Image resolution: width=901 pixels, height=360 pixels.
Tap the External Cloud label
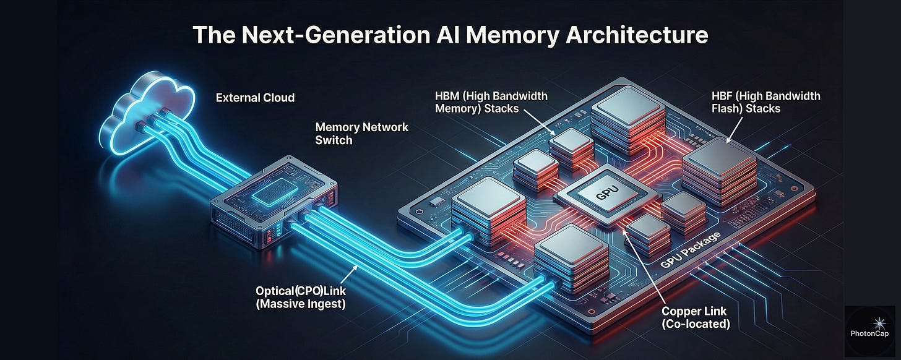255,98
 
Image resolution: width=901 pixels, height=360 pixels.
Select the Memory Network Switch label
362,133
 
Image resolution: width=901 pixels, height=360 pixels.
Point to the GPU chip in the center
598,196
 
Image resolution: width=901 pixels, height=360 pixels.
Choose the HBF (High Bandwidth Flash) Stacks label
766,102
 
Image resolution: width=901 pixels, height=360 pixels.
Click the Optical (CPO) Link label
301,296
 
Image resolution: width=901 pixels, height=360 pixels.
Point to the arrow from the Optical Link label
347,273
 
